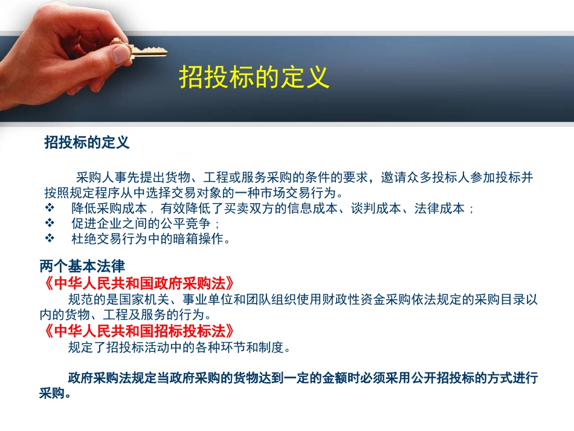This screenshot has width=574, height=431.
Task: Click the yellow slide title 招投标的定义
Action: click(254, 77)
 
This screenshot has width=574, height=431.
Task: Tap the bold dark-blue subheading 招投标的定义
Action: click(86, 143)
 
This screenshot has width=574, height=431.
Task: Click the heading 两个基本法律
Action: click(82, 266)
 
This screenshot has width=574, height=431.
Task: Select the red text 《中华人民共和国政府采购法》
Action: click(139, 284)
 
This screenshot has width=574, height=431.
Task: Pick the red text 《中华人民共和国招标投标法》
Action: click(139, 331)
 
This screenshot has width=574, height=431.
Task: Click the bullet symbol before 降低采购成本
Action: click(51, 209)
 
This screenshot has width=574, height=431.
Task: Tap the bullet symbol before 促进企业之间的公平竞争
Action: click(51, 224)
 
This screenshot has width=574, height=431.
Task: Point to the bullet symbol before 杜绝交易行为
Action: click(51, 239)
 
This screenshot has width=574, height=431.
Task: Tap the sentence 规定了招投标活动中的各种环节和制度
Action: click(180, 348)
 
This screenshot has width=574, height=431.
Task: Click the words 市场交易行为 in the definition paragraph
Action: click(298, 193)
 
